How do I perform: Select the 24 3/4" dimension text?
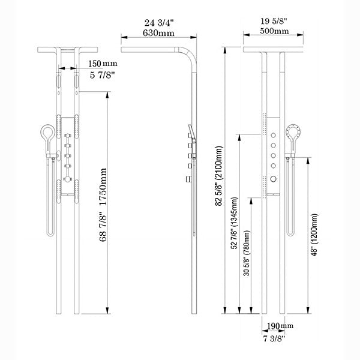coord(154,23)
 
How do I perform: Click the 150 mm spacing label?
coord(103,63)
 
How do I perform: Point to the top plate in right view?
coord(273,49)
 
